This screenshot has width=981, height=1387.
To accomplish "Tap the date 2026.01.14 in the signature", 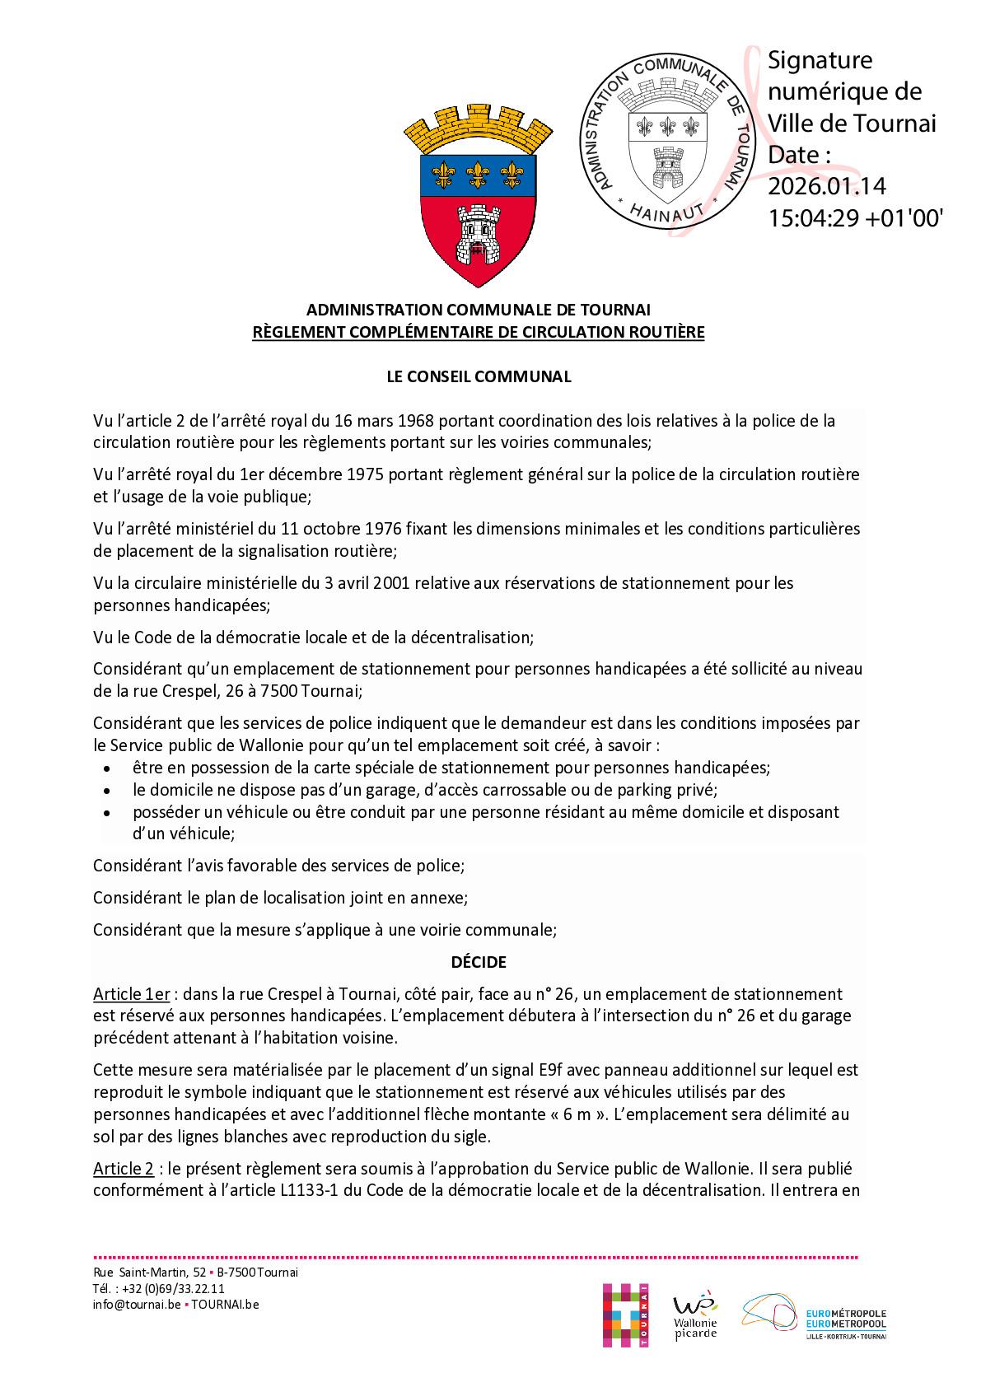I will coord(827,186).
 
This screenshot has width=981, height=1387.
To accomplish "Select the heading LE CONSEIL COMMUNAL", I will coord(479,376).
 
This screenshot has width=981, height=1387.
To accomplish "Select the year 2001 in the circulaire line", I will coord(392,583).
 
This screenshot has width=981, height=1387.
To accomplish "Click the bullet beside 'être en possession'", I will coord(106,768).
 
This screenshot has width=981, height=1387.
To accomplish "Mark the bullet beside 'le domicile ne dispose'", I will coord(106,791).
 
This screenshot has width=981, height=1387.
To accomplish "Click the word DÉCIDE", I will coord(479,962).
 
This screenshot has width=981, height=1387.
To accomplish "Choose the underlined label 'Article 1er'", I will coord(131,994).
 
